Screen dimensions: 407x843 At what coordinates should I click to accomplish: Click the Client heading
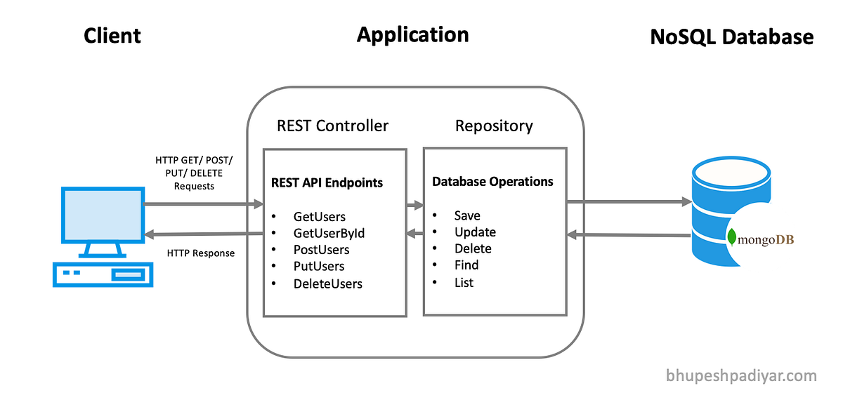click(x=112, y=36)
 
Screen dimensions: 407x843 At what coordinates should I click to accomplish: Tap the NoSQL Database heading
click(x=732, y=37)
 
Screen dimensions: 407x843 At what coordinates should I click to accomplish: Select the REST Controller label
click(x=332, y=126)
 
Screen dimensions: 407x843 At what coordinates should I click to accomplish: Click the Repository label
click(x=494, y=126)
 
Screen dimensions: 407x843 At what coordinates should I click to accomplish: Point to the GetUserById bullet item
click(x=329, y=233)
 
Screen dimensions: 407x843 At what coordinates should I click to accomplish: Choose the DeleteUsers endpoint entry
click(x=327, y=284)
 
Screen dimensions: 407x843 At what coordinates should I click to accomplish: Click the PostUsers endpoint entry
click(x=321, y=250)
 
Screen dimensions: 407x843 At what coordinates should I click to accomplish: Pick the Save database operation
click(x=467, y=216)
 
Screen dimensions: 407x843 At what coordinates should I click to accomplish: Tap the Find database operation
click(x=466, y=265)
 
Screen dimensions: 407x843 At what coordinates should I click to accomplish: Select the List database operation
click(x=464, y=283)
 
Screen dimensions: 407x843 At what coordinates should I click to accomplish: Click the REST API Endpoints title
click(x=327, y=183)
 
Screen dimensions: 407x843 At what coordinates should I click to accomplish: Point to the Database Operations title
click(x=492, y=182)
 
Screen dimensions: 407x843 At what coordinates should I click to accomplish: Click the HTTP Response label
click(x=201, y=253)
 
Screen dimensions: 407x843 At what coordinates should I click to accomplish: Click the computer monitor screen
click(x=102, y=215)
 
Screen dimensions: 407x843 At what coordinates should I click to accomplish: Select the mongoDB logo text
click(x=764, y=240)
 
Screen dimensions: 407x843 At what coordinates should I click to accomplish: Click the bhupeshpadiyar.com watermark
click(x=741, y=376)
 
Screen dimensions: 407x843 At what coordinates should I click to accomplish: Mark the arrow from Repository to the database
click(x=629, y=202)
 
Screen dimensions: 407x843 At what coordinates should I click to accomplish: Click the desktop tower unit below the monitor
click(x=102, y=274)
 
